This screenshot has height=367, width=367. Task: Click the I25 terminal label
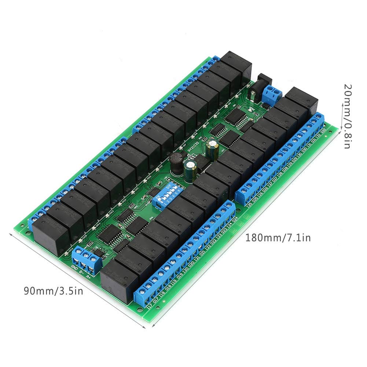coord(249,206)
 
